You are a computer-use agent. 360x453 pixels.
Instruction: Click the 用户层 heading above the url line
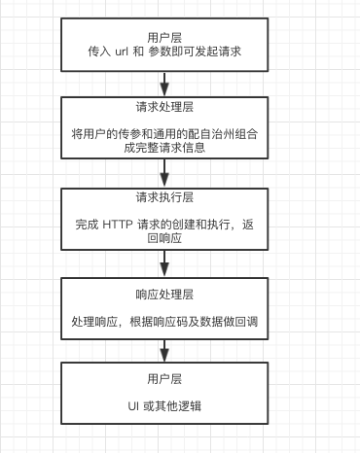(164, 32)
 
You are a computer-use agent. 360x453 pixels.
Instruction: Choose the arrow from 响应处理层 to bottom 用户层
(164, 352)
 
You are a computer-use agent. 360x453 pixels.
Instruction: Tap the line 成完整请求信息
(164, 149)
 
